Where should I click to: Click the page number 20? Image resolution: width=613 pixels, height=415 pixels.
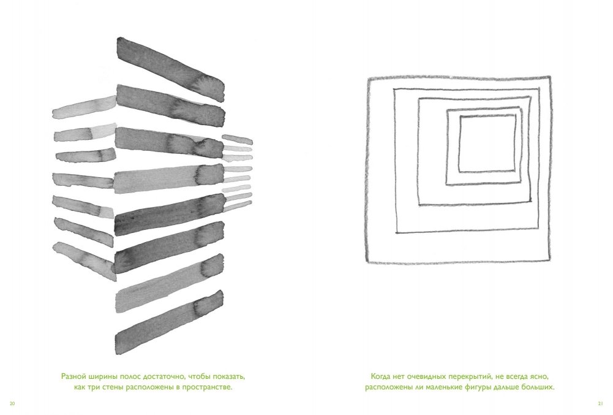(12, 403)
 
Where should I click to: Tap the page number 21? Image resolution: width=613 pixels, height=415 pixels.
(601, 403)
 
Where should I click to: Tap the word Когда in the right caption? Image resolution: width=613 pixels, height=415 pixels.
(382, 376)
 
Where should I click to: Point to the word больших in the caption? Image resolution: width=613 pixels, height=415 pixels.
(538, 388)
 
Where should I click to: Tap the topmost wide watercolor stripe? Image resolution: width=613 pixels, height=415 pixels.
(171, 69)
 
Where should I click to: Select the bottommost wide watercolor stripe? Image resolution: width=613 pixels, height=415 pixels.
(170, 322)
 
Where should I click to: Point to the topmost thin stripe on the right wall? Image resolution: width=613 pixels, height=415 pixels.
(238, 139)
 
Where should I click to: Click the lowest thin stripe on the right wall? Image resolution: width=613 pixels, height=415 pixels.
(238, 207)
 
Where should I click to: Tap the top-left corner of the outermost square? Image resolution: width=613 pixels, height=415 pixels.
(369, 78)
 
